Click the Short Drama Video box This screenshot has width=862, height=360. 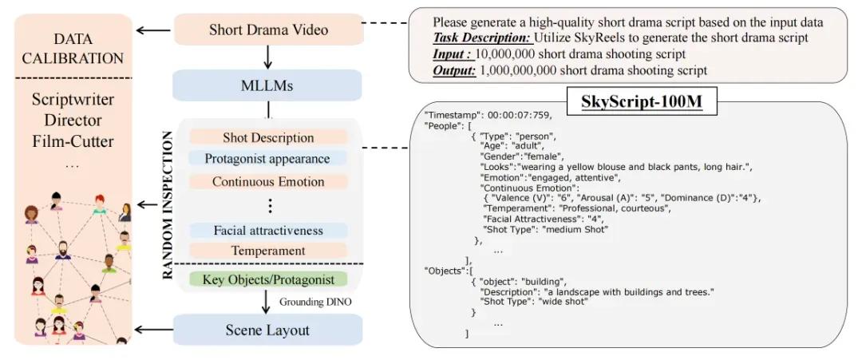(269, 30)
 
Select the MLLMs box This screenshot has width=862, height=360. (267, 85)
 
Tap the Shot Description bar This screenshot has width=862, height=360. (268, 137)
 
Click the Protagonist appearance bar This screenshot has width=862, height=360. (268, 159)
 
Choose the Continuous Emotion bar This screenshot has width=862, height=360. (268, 181)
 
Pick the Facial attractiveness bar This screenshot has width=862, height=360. (268, 231)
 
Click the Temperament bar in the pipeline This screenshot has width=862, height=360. (268, 251)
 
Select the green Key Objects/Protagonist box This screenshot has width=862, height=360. (268, 279)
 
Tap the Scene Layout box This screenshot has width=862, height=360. (267, 330)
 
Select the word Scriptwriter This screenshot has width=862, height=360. (73, 100)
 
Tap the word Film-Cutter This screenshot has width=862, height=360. (73, 141)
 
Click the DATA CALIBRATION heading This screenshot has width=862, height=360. (73, 49)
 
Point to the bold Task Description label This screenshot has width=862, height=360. (482, 38)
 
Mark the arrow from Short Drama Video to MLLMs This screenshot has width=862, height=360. (267, 57)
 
